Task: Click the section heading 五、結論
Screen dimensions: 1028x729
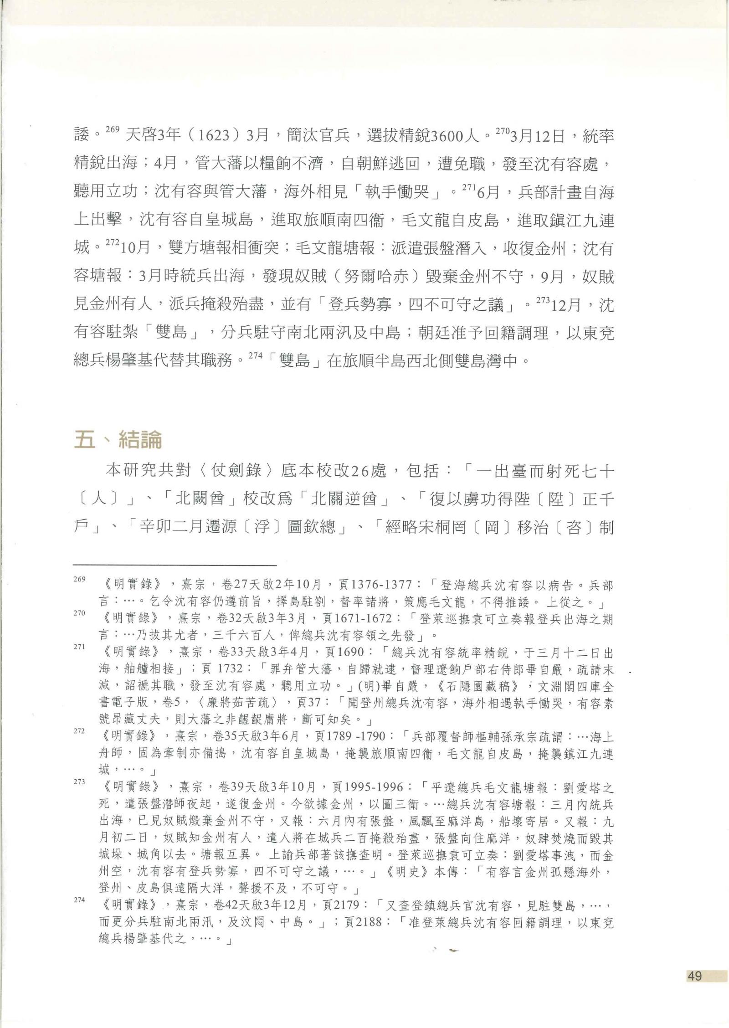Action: (118, 440)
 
